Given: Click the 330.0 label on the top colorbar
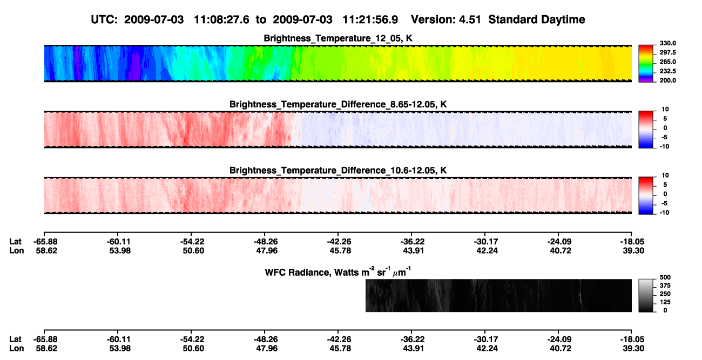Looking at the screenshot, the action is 667,43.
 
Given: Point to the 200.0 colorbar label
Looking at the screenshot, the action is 667,80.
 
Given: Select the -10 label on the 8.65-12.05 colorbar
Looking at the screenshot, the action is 665,146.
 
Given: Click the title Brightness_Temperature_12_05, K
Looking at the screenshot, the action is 338,38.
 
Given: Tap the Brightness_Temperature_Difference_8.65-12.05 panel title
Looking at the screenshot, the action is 338,104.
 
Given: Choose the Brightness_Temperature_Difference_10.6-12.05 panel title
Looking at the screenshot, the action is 338,171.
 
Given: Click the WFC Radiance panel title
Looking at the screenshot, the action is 338,272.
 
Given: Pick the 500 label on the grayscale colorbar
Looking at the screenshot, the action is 665,277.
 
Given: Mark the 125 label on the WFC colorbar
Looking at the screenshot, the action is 665,302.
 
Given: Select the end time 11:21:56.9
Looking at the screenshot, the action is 370,19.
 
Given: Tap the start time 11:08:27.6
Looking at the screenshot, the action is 221,19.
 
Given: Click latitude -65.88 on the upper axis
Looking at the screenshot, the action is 45,242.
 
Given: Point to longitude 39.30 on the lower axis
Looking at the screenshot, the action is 633,349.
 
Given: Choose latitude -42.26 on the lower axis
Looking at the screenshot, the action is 339,339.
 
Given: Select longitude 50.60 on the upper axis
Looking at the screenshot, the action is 193,250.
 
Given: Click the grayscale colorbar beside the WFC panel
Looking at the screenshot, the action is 646,295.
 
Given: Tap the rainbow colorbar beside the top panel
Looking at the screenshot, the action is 646,64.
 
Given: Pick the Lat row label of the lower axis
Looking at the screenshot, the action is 15,339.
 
